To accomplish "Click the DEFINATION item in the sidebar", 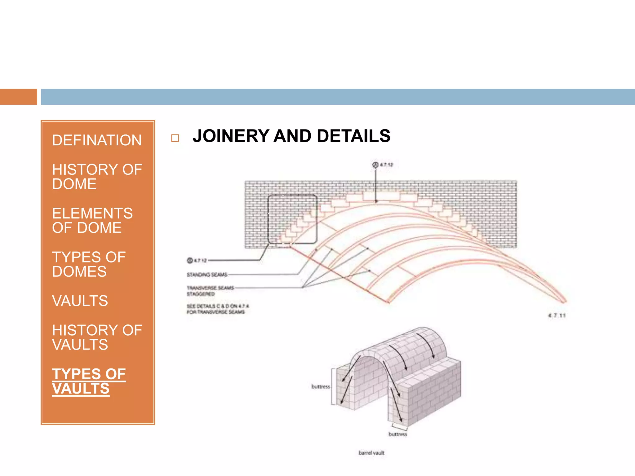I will point(97,140).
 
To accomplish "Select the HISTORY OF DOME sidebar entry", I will point(97,177).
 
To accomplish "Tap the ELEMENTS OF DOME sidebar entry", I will point(92,220).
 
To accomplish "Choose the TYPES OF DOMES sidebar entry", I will point(89,264).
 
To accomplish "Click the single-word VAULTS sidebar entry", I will point(80,301).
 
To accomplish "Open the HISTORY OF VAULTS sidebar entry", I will point(97,337).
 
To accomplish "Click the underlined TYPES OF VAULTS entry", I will point(89,381).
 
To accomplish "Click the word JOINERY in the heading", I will point(231,136).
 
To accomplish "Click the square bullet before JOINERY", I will point(175,138).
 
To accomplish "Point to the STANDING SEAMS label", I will point(207,275).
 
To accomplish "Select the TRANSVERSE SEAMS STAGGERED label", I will point(210,291).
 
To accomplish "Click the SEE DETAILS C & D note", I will point(217,309).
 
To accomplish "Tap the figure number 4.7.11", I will point(557,315).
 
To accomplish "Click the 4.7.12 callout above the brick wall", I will point(383,165).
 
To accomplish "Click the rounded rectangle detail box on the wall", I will point(292,219).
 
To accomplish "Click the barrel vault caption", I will point(371,453).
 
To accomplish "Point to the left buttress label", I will point(321,387).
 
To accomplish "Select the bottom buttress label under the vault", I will point(398,434).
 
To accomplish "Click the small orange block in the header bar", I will point(19,97).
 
